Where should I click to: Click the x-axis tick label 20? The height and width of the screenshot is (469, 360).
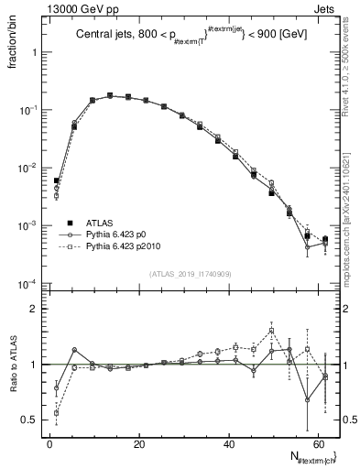(x=139, y=444)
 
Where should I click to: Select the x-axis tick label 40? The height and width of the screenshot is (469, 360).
(x=229, y=444)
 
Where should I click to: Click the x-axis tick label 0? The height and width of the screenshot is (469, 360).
(x=50, y=444)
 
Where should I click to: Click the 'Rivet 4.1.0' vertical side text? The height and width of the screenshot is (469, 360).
(x=353, y=69)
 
